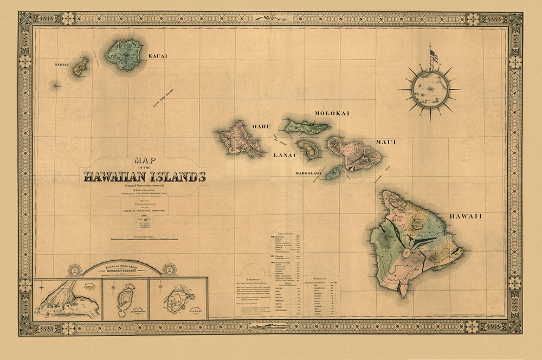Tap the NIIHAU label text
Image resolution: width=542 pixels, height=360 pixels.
coord(63,64)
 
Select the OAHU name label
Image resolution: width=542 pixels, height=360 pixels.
coord(261,126)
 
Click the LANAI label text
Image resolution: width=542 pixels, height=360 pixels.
coord(285,155)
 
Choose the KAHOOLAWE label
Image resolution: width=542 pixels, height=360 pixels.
coord(309,173)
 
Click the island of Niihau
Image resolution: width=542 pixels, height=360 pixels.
coord(82,67)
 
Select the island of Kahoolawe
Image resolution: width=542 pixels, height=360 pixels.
coord(334,173)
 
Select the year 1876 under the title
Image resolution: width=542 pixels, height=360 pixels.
coord(144,215)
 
